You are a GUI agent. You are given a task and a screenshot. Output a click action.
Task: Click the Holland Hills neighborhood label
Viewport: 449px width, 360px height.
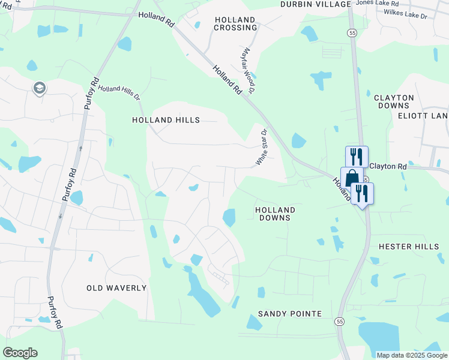[166, 120]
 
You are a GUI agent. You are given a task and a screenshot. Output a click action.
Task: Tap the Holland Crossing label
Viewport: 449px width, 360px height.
[236, 23]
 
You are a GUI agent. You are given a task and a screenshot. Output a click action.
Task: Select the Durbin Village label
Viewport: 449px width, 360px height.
[315, 4]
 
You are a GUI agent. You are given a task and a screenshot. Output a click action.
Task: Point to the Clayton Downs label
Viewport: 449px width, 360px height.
[394, 101]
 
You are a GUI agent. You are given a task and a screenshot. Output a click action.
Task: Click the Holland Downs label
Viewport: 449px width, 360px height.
[275, 214]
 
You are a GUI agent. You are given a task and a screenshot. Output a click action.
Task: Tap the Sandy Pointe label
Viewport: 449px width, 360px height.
[290, 314]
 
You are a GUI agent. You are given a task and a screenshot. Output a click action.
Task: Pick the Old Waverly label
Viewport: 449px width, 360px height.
[116, 288]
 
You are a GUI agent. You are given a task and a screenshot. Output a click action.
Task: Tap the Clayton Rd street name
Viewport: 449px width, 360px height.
[388, 166]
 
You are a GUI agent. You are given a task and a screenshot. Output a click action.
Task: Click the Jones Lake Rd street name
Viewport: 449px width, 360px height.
[376, 3]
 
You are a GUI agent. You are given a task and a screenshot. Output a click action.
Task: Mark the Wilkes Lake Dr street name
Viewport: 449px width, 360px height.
[405, 12]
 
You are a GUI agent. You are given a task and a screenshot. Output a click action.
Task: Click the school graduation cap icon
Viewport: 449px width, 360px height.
[40, 89]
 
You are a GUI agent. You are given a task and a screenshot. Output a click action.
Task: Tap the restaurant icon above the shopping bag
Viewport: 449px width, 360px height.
[357, 157]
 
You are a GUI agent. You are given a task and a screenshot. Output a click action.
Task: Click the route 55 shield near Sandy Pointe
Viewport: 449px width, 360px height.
[340, 322]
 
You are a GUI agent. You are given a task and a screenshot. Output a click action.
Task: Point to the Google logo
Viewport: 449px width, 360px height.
[20, 353]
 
